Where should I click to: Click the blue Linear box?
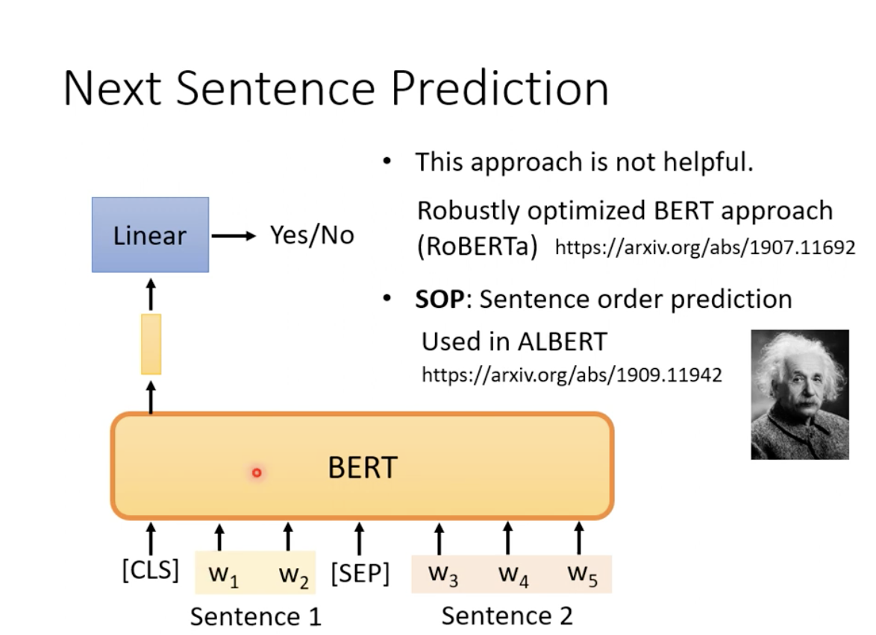pos(150,235)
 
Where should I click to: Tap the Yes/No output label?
pos(311,236)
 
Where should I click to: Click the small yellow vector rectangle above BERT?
pos(151,344)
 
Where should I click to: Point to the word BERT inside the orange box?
pos(363,467)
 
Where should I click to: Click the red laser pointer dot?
pos(257,473)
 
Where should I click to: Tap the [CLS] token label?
pos(150,570)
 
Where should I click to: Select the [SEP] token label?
pos(360,574)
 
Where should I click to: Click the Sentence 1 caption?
pos(255,616)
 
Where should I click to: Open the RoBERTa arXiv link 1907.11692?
pos(704,247)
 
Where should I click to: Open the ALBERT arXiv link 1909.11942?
pos(572,374)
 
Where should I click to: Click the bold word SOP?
pos(439,299)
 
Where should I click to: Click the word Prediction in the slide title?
pos(499,89)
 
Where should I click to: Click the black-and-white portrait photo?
pos(799,394)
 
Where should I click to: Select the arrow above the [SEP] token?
pos(360,538)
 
